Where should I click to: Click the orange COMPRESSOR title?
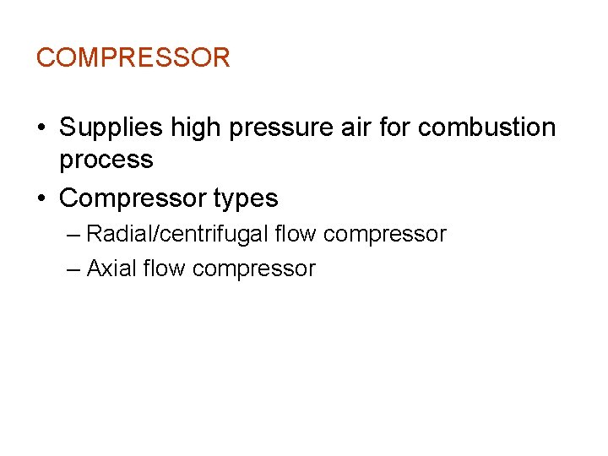133,57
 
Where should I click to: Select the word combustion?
487,128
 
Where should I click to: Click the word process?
106,160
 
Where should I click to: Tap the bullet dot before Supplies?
41,128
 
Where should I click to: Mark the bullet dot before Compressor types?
41,198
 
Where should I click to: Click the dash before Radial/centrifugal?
73,234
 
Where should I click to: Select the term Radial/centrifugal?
178,234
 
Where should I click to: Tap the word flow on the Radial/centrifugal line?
296,233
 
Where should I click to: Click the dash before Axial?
73,269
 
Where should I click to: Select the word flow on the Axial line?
164,269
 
